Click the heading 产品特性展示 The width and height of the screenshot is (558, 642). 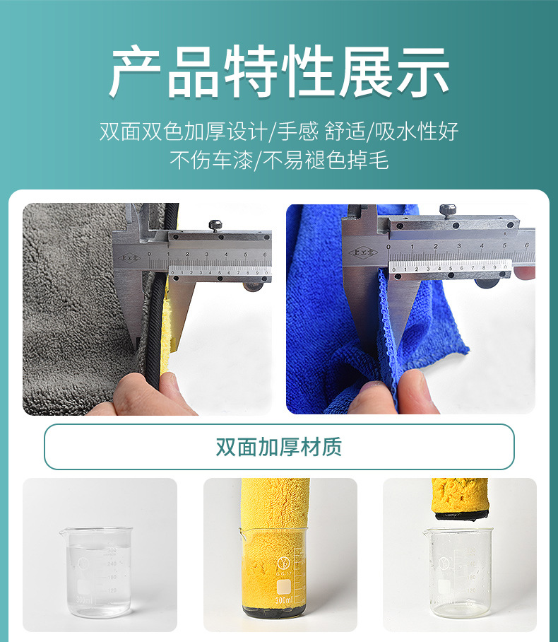coord(279,73)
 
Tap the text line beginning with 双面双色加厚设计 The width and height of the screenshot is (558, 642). coord(279,131)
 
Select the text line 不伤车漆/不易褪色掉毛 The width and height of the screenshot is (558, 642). coord(279,160)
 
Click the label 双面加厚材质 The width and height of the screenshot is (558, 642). coord(279,447)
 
